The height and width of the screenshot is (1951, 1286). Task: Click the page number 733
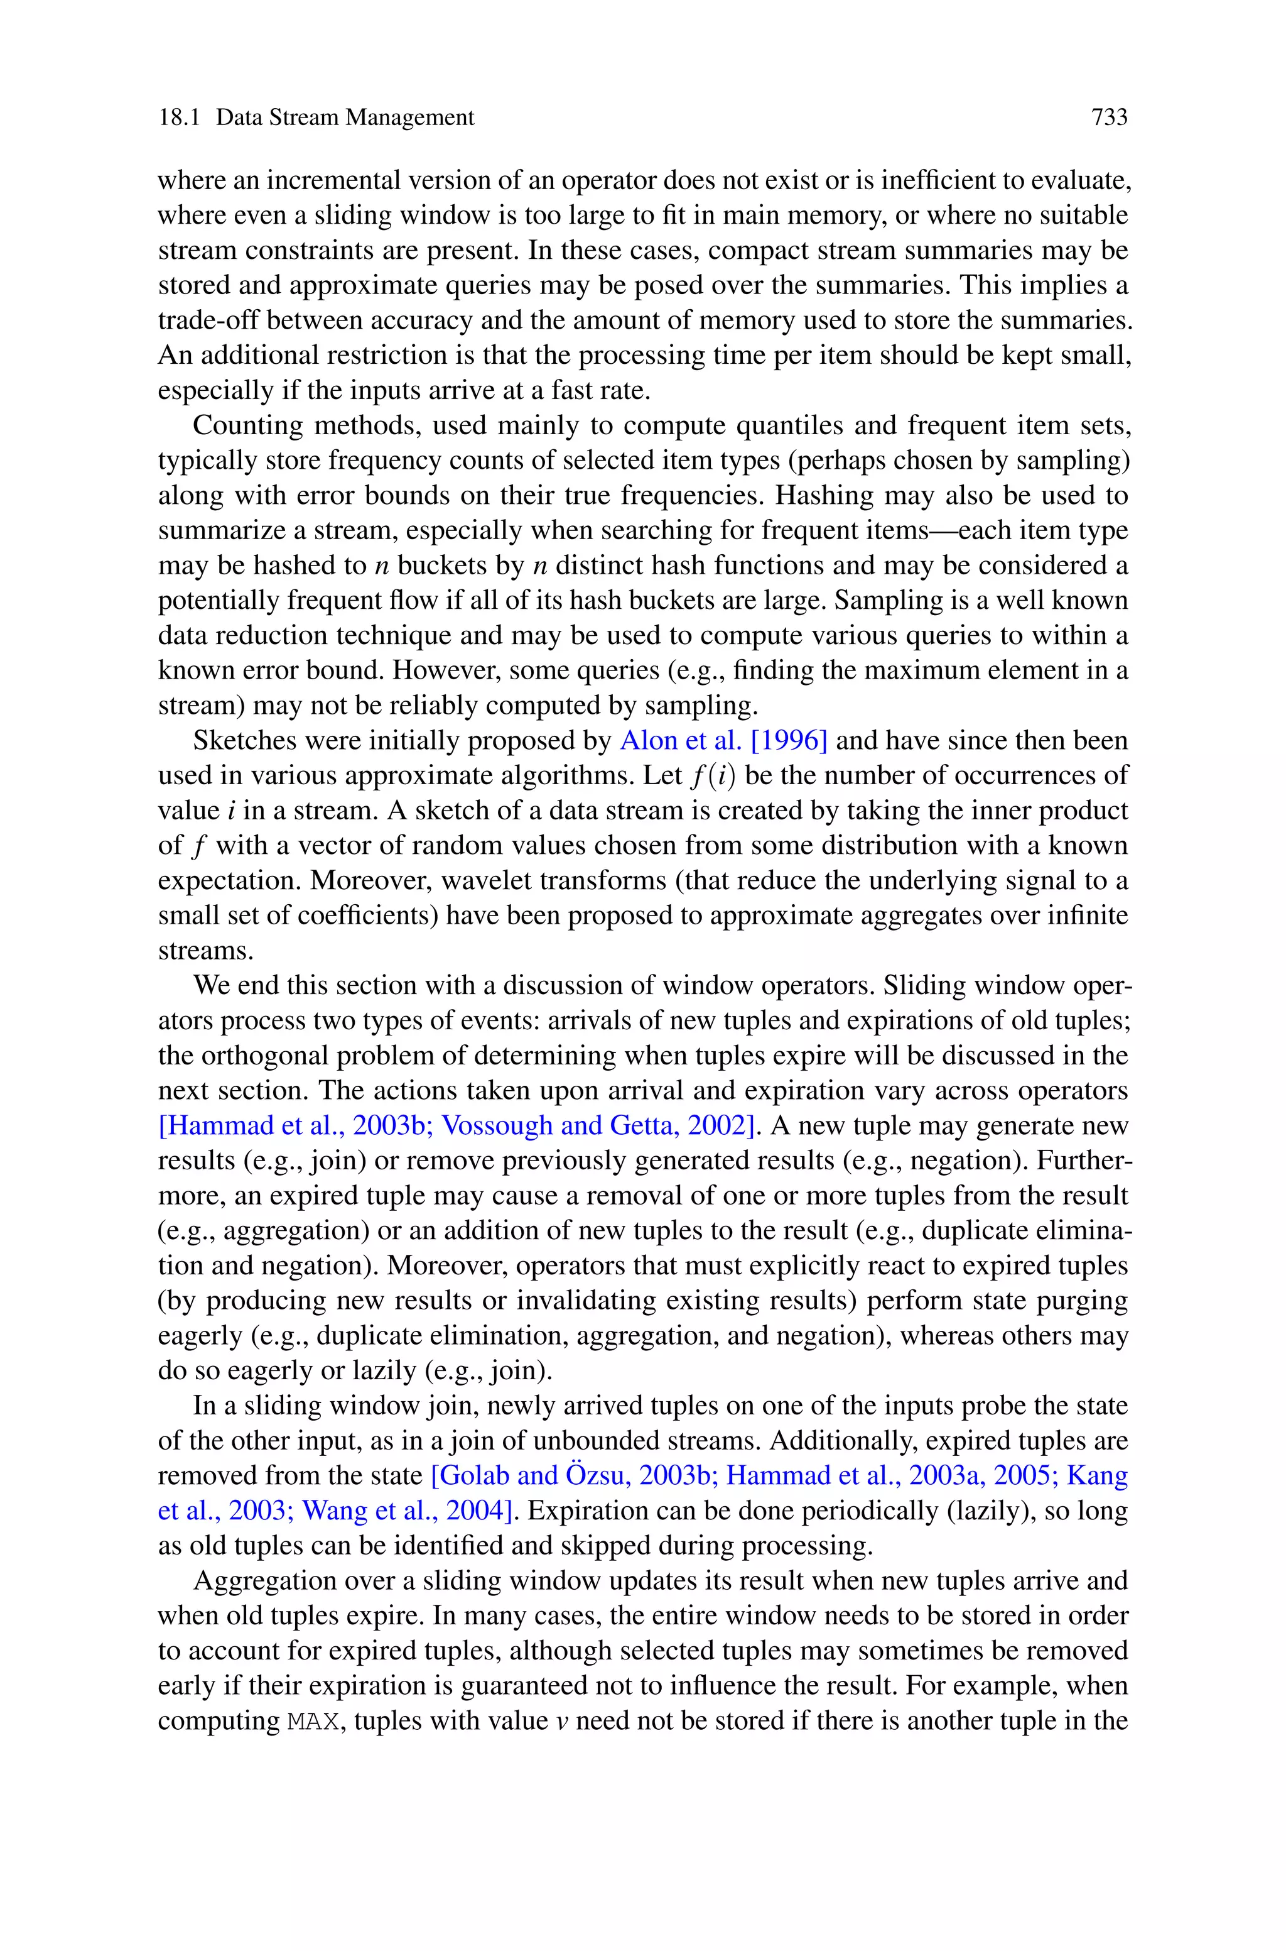[1109, 118]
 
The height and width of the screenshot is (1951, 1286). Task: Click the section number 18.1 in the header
[179, 118]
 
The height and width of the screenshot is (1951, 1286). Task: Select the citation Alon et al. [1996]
[723, 741]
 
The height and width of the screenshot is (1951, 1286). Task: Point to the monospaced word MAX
[313, 1721]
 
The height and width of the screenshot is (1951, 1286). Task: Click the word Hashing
[825, 496]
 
